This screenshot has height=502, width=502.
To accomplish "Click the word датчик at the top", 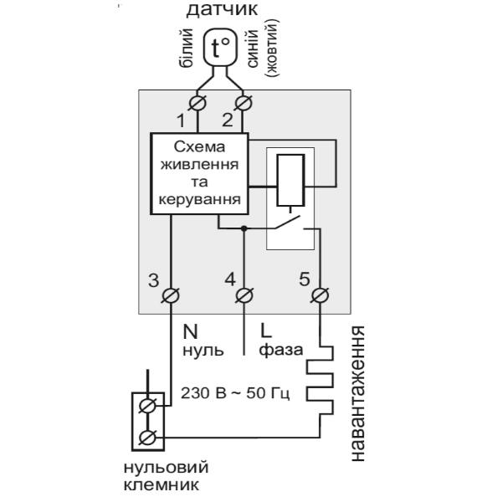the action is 222,9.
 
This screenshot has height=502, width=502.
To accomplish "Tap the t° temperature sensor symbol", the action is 221,48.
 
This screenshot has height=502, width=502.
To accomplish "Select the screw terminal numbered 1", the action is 197,103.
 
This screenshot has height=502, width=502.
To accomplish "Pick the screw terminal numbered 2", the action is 243,103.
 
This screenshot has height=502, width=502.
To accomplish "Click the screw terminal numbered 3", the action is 170,295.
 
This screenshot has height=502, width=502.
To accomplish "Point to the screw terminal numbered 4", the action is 244,295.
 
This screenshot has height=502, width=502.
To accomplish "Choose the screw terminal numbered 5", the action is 320,295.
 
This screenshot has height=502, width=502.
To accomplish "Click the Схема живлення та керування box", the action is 199,173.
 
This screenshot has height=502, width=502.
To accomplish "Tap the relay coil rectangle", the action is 290,180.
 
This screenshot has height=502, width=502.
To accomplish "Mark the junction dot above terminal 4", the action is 244,228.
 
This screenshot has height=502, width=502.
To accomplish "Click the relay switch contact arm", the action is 288,223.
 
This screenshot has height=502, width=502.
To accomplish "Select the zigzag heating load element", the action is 320,381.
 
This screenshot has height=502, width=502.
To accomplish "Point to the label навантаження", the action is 357,393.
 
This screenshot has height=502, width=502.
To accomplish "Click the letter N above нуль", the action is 190,331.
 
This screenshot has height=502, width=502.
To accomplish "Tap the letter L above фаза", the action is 266,331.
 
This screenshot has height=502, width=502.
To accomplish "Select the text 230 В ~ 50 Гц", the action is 235,393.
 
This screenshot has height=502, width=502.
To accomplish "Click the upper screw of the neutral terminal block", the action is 147,406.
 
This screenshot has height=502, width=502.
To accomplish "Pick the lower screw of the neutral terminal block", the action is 147,438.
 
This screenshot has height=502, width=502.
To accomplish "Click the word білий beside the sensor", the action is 187,48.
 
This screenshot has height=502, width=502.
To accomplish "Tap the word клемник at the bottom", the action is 161,485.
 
